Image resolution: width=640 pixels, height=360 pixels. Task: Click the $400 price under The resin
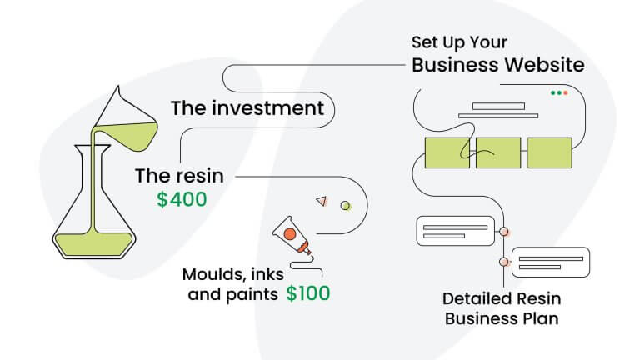182,199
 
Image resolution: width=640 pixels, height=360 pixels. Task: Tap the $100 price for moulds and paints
307,292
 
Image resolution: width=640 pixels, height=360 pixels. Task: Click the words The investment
247,108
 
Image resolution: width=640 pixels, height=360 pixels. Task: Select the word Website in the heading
547,64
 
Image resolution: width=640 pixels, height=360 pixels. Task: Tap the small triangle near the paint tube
321,200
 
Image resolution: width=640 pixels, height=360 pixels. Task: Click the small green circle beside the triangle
345,204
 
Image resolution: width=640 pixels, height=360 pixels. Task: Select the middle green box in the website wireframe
497,152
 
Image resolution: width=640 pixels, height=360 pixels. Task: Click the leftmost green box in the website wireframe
447,152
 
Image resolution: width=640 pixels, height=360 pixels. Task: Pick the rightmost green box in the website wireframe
549,152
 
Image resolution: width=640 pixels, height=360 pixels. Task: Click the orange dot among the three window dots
565,92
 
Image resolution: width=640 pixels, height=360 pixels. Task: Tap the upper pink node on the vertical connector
503,230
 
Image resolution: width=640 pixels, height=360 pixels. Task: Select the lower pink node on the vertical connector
503,262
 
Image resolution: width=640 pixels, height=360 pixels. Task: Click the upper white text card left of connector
456,230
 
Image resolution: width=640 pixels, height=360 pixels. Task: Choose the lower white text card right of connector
550,262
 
